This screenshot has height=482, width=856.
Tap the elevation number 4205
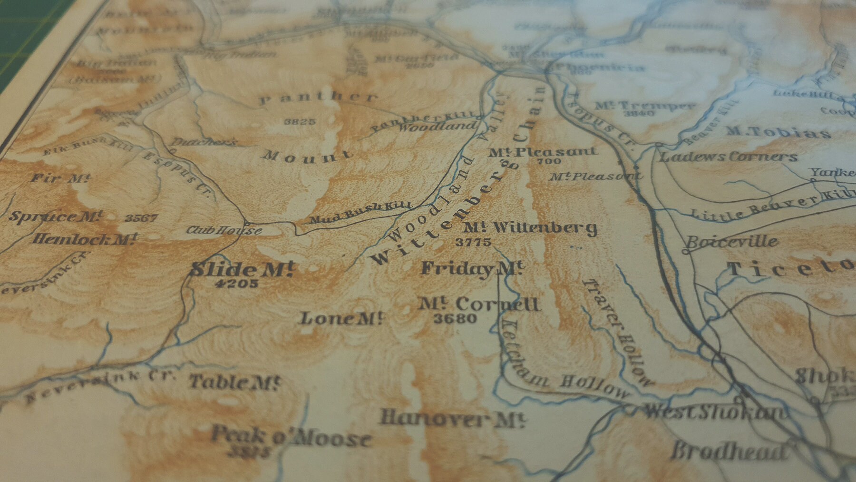click(236, 284)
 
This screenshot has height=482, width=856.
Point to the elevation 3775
click(473, 243)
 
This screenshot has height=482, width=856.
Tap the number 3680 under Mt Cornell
click(455, 319)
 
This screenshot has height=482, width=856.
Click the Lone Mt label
click(341, 318)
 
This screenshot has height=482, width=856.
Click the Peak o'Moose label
click(291, 437)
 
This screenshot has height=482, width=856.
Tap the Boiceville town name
click(731, 242)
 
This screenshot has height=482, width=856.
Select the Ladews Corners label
click(727, 157)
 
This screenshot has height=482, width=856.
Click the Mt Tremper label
click(644, 106)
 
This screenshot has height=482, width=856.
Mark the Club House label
click(224, 231)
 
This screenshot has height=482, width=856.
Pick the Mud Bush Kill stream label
click(360, 213)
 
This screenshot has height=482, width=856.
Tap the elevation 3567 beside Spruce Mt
click(141, 218)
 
